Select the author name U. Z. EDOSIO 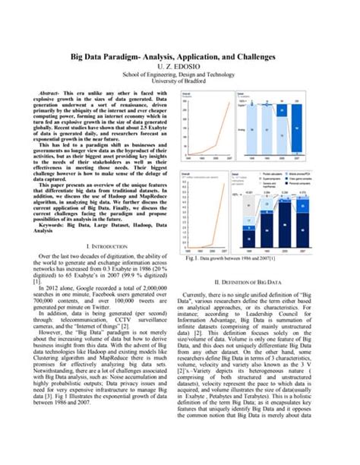[x=179, y=68]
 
